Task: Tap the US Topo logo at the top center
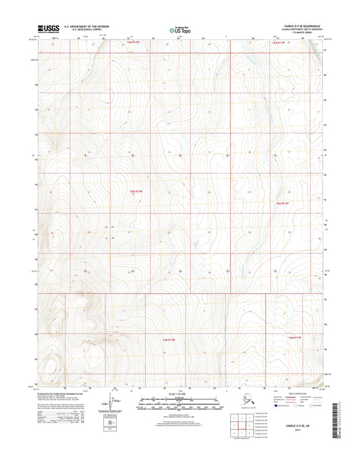click(x=180, y=30)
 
